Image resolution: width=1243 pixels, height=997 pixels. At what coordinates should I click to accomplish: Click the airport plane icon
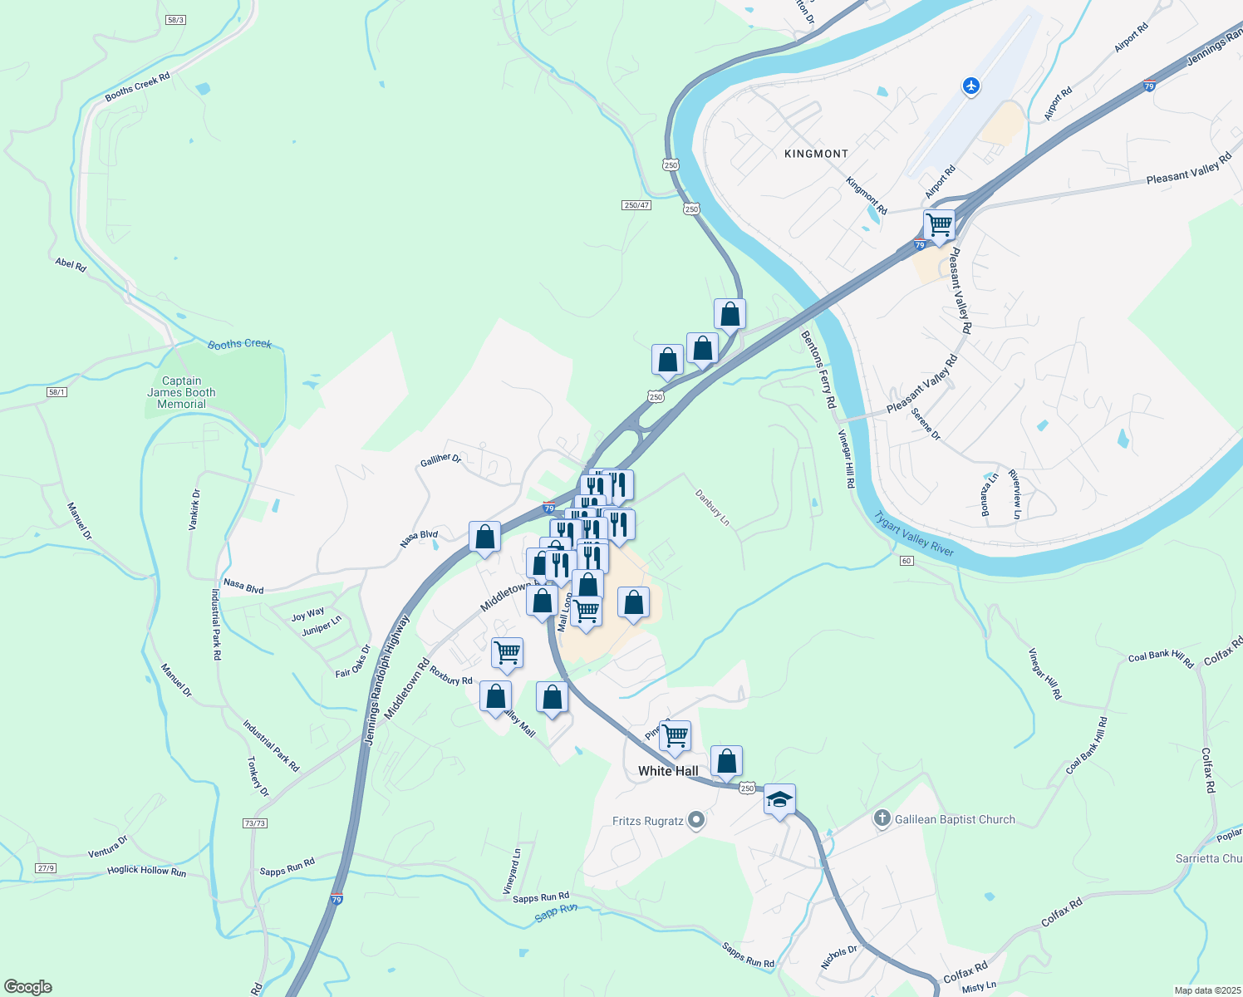click(970, 86)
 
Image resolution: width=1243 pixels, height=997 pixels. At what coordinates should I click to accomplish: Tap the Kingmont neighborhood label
click(817, 154)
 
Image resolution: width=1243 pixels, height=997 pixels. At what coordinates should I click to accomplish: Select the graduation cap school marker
click(779, 799)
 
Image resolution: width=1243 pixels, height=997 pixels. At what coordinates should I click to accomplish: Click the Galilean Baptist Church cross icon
click(882, 819)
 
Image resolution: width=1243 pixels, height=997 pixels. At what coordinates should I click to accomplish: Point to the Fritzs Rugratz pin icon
click(696, 821)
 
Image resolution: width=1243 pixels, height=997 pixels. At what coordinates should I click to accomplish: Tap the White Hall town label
click(668, 771)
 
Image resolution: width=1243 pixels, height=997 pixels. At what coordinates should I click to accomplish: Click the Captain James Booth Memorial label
click(181, 393)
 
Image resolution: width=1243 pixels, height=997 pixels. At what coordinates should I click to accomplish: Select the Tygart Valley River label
click(913, 534)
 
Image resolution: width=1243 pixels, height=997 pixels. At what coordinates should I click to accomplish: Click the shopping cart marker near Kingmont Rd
click(939, 224)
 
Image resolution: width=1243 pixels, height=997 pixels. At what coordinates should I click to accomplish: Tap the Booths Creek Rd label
click(137, 87)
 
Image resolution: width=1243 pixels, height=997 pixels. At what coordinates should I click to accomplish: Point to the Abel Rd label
click(71, 265)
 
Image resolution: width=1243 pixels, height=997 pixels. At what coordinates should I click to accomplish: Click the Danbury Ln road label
click(713, 508)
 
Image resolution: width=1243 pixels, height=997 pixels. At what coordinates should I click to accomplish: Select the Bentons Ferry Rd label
click(818, 369)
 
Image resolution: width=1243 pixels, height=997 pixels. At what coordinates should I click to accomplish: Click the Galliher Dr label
click(440, 459)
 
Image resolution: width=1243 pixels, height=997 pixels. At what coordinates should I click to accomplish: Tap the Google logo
click(28, 987)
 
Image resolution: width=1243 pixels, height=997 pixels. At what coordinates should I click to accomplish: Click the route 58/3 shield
click(174, 19)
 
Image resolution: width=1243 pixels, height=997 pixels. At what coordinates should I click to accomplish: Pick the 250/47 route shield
click(636, 205)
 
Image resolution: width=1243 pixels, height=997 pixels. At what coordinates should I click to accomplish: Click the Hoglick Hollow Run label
click(146, 871)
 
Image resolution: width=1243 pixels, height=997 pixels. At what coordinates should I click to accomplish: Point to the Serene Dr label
click(926, 424)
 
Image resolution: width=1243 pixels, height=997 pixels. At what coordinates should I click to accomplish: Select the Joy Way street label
click(307, 614)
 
